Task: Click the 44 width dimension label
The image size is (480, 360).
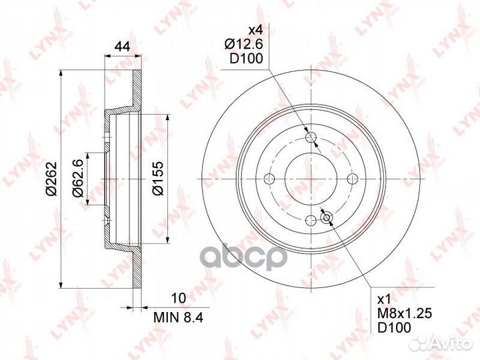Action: click(122, 47)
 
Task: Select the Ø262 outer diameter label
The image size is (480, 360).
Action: click(51, 179)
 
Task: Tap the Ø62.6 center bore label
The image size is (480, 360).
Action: click(77, 179)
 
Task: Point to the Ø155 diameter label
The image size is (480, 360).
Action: click(158, 179)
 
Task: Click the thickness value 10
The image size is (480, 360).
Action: click(179, 297)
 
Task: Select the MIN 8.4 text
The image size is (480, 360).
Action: click(179, 317)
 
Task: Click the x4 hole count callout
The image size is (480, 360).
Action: click(255, 30)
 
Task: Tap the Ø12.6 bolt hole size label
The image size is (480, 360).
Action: click(244, 45)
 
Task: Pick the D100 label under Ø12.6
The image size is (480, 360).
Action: click(246, 59)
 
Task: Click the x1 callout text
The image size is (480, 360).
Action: click(384, 299)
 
